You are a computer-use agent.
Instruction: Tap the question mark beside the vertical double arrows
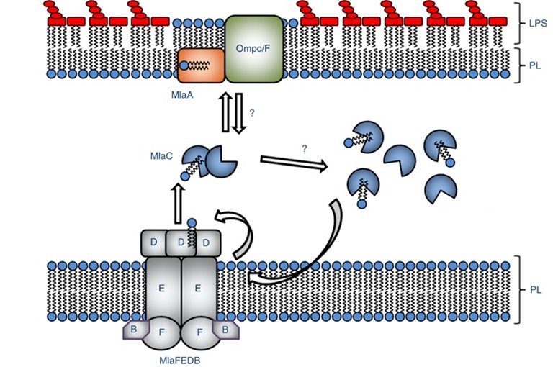[251, 113]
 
